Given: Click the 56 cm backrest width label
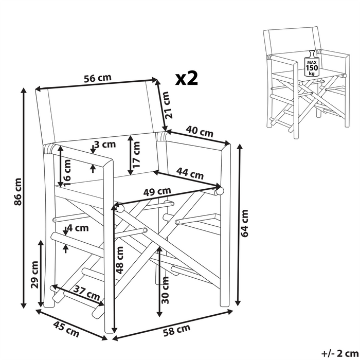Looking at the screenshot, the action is click(x=98, y=78).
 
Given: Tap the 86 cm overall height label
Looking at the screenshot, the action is click(x=18, y=192).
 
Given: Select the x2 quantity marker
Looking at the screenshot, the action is click(x=186, y=78).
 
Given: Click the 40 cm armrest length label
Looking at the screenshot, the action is click(x=200, y=131).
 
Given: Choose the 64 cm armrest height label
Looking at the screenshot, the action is click(x=244, y=223).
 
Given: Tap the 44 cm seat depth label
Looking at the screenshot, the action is click(x=190, y=174).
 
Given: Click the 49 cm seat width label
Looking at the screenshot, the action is click(x=157, y=191).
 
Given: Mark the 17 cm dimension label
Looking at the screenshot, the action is click(x=136, y=154).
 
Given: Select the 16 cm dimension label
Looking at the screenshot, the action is click(x=67, y=173).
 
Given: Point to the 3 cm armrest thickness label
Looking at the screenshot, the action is click(x=105, y=145).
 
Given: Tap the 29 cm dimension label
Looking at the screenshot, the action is click(x=35, y=275).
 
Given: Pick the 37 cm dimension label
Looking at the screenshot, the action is click(x=87, y=293).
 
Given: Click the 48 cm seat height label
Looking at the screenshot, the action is click(x=120, y=260).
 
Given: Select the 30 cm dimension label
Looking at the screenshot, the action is click(x=165, y=290).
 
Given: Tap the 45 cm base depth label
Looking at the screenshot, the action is click(x=66, y=329).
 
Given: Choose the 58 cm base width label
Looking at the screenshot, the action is click(x=177, y=330).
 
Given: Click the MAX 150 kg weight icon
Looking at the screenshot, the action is click(x=312, y=64).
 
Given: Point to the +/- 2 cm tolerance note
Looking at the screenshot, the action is click(x=339, y=354).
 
